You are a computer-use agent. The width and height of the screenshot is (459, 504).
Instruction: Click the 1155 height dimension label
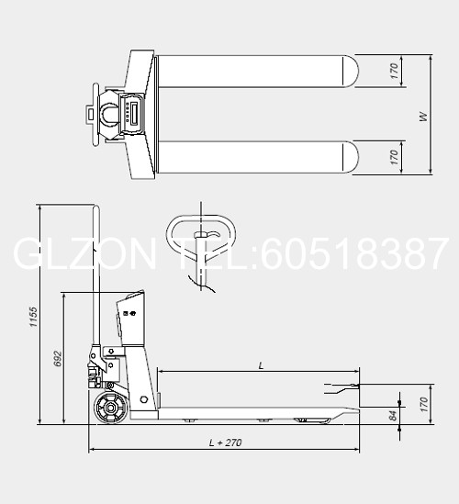pyautogui.click(x=32, y=318)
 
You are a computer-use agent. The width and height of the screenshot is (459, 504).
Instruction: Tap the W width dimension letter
pyautogui.click(x=423, y=117)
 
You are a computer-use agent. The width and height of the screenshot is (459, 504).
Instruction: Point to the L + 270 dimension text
pyautogui.click(x=225, y=442)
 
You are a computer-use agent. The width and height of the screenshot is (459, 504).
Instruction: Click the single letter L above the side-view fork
pyautogui.click(x=261, y=365)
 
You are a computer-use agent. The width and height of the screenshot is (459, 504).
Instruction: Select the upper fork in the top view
pyautogui.click(x=256, y=73)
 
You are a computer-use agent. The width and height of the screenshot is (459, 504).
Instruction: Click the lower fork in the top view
pyautogui.click(x=256, y=159)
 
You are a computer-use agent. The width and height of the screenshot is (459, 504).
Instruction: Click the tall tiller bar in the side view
pyautogui.click(x=95, y=275)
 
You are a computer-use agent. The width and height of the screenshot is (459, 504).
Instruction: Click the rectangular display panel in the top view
pyautogui.click(x=134, y=114)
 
